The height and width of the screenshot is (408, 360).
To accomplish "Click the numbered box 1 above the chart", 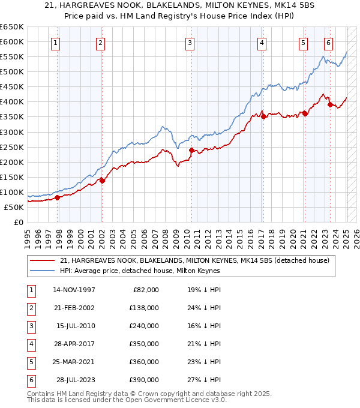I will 55,43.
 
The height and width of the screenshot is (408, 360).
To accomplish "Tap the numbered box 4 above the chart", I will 262,43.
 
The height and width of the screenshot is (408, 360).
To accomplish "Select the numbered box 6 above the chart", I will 328,43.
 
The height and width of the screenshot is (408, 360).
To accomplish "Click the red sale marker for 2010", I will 191,150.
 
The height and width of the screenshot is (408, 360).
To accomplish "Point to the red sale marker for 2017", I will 263,117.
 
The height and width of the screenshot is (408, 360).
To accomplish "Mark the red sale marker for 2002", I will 102,180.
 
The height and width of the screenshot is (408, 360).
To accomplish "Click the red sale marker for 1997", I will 58,197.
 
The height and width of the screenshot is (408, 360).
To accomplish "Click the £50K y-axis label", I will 14,207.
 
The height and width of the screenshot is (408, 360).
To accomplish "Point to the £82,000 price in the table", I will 146,289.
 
